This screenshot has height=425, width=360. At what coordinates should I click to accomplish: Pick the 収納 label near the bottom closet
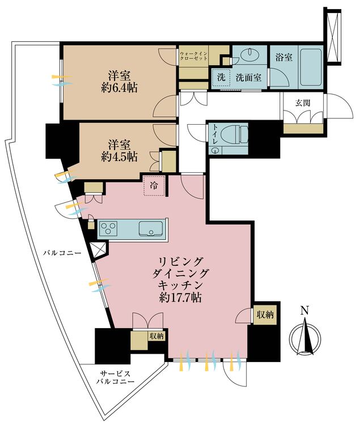tap(155, 336)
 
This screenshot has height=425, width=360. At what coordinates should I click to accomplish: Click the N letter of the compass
tap(304, 311)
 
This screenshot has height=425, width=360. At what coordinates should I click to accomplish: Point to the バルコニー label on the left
tap(61, 253)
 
